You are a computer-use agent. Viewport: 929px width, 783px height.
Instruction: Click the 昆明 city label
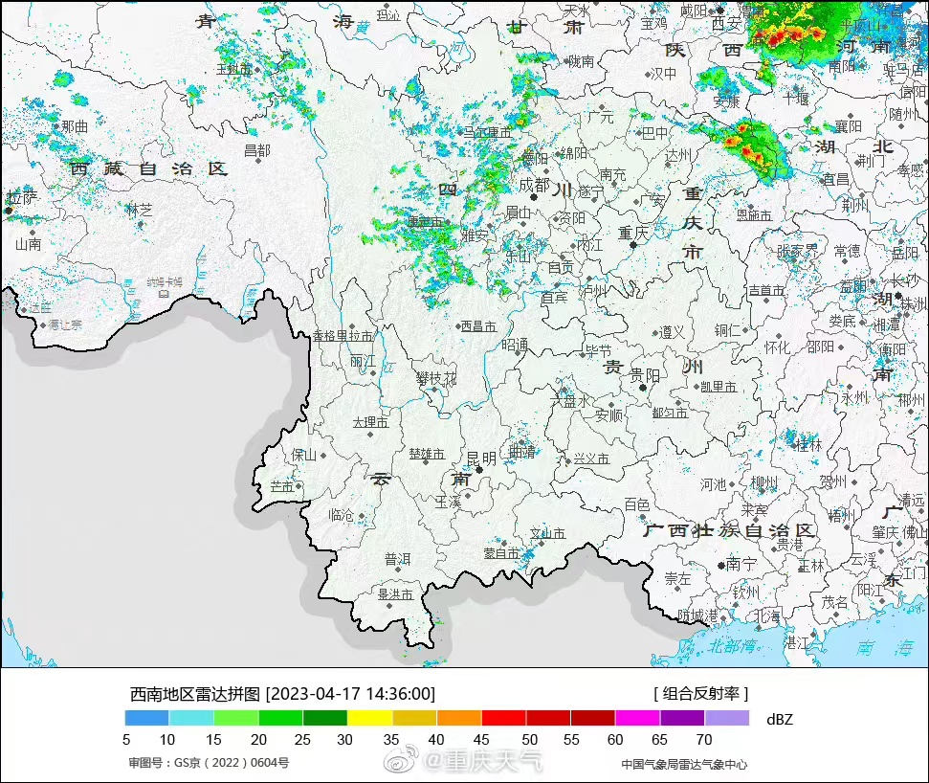(x=481, y=459)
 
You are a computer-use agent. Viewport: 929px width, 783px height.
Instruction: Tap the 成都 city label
(x=534, y=185)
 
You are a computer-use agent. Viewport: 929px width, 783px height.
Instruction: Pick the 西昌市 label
(x=478, y=326)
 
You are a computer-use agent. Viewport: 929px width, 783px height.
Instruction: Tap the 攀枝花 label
(x=435, y=379)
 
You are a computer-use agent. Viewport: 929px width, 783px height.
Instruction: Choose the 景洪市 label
(x=395, y=593)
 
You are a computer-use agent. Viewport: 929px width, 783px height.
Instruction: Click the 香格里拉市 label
(x=343, y=336)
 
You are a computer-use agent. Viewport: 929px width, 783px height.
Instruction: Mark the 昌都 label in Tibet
(x=256, y=150)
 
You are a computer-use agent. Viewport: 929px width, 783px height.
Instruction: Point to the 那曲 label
(x=74, y=125)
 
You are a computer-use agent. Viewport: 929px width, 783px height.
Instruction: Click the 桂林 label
(x=808, y=445)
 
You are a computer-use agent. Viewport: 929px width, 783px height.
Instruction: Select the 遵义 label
(x=672, y=331)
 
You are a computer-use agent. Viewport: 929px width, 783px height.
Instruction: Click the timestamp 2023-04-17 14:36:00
(x=350, y=694)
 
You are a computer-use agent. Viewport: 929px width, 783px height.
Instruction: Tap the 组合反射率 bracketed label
(x=700, y=694)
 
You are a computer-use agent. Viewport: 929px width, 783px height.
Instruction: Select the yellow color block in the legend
(x=369, y=717)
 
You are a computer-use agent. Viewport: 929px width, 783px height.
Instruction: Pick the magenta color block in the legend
(x=637, y=717)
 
